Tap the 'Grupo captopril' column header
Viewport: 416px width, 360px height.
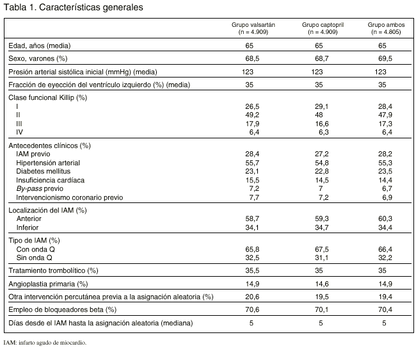coord(320,24)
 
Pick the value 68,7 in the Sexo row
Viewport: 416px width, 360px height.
coord(319,58)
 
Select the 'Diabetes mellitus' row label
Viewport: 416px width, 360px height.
coord(44,172)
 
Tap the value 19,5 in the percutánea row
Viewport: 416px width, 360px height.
coord(319,297)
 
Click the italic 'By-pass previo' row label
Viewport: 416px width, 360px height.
coord(40,190)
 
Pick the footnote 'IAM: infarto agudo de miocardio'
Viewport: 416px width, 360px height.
coord(44,342)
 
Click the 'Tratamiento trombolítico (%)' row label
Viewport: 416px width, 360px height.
coord(52,270)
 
